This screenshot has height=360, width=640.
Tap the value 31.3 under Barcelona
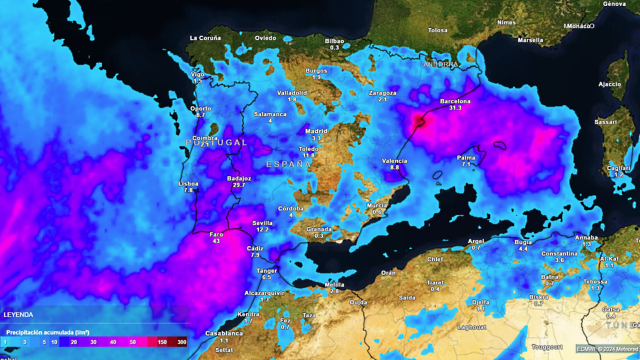coord(456,108)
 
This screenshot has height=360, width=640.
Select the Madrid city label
coord(316,131)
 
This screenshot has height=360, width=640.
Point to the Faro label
coord(216,233)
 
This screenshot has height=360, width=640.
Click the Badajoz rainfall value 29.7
coord(238,185)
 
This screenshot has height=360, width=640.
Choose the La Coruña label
coord(205,38)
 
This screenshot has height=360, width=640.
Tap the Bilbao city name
coord(334,40)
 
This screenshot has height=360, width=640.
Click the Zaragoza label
coord(382,93)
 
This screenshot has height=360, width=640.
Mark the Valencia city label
coord(394,160)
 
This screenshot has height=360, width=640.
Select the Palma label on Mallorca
coord(466,157)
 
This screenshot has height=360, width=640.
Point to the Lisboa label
coord(188,183)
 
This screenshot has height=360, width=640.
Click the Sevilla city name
coord(263,222)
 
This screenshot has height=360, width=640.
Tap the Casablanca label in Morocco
coord(223,332)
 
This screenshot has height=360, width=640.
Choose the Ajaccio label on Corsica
coord(610,84)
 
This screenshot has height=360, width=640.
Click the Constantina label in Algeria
coord(559,253)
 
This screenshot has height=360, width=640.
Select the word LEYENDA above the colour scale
coord(19,313)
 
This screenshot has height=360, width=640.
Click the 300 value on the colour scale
coord(181,342)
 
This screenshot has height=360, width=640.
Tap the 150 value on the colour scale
coord(160,342)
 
